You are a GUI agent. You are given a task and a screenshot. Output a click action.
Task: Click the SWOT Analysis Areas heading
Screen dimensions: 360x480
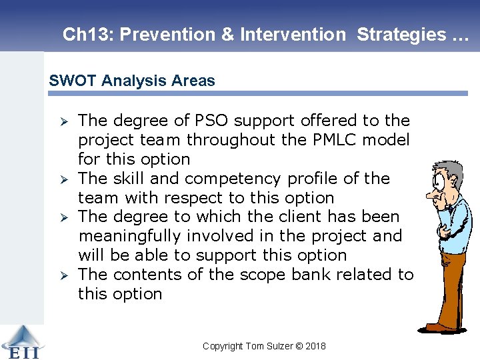tap(132, 81)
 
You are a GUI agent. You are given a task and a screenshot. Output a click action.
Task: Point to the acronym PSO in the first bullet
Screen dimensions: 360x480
tap(212, 121)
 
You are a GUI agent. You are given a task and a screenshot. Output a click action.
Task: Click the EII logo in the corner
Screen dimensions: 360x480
tap(20, 341)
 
